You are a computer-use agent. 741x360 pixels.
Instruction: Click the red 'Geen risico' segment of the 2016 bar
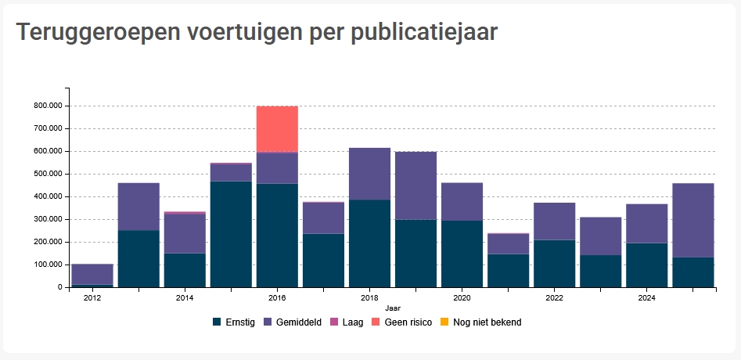tap(277, 129)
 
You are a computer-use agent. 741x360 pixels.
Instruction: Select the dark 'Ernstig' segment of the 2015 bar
tap(231, 234)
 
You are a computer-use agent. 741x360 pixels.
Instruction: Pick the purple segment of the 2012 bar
tap(92, 275)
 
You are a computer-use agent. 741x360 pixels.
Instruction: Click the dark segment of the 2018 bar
tap(369, 243)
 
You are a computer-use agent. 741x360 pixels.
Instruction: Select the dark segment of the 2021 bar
tap(508, 270)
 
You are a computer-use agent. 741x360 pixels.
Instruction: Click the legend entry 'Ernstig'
tap(234, 322)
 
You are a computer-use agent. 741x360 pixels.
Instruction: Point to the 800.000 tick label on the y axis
tap(49, 106)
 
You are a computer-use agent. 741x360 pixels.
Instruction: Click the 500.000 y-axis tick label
tap(49, 174)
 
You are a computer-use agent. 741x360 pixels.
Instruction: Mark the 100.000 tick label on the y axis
tap(49, 265)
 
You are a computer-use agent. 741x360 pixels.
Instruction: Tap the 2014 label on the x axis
tap(185, 297)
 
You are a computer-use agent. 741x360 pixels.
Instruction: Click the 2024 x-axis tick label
tap(646, 297)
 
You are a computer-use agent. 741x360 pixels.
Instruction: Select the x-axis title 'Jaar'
tap(393, 308)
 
